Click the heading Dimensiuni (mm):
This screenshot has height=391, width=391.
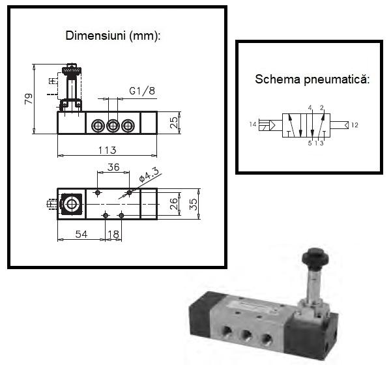tap(113, 36)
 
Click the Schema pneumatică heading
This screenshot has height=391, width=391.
tap(312, 80)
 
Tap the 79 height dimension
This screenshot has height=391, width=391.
tap(29, 99)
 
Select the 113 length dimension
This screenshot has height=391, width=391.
tap(108, 151)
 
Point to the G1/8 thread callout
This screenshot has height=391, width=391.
tap(142, 91)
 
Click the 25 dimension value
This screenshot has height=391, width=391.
tap(174, 123)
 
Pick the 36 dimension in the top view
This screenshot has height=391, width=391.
tap(113, 167)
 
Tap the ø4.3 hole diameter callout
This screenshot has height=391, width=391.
tap(149, 175)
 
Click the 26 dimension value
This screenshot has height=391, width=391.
tap(173, 204)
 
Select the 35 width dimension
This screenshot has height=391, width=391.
tap(194, 204)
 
